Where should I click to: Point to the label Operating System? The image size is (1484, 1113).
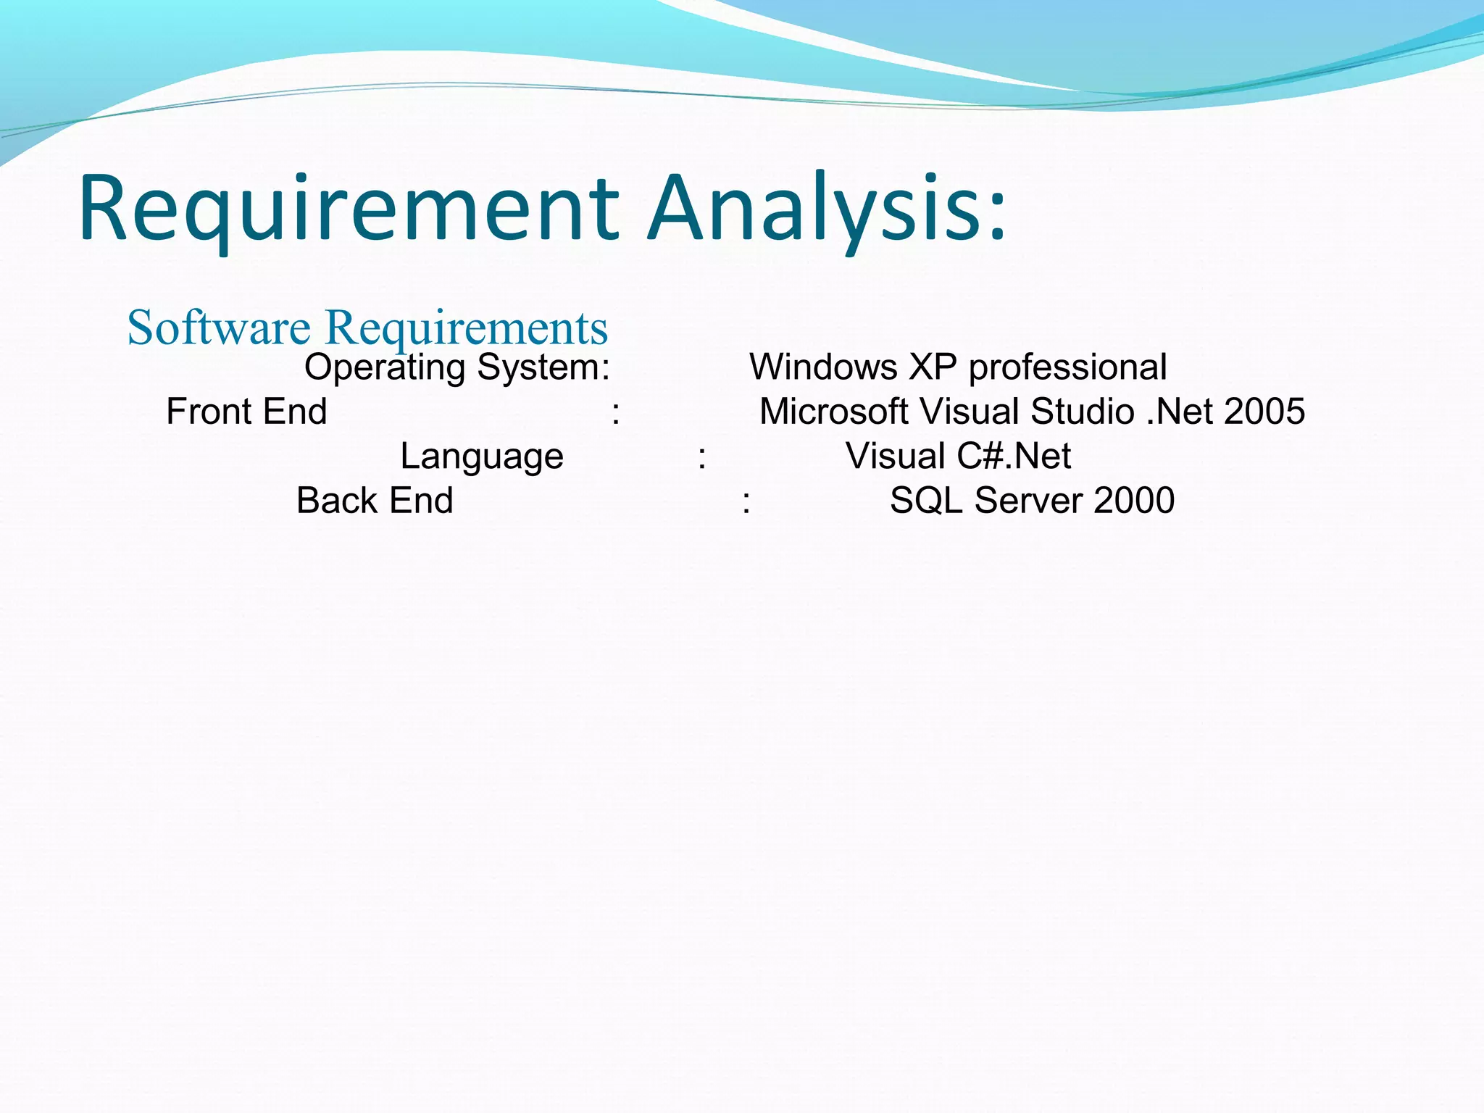pyautogui.click(x=456, y=367)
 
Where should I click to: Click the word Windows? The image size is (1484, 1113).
pyautogui.click(x=823, y=367)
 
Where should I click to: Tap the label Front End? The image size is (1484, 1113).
pyautogui.click(x=246, y=412)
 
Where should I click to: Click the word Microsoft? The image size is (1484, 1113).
pyautogui.click(x=833, y=412)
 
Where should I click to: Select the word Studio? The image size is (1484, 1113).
pyautogui.click(x=1083, y=412)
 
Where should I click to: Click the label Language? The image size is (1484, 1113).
pyautogui.click(x=482, y=457)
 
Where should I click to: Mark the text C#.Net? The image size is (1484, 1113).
pyautogui.click(x=1014, y=457)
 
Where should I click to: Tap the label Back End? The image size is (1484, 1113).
pyautogui.click(x=375, y=501)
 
